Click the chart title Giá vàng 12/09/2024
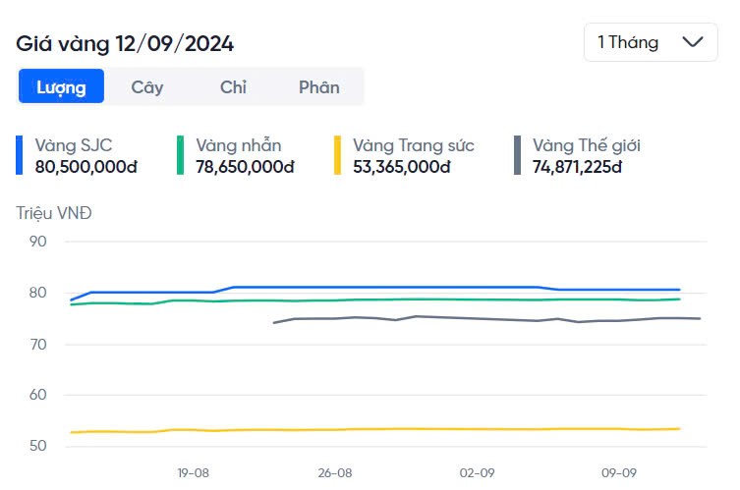(x=125, y=44)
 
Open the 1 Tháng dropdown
(x=650, y=42)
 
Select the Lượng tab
(x=61, y=86)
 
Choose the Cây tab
(x=147, y=86)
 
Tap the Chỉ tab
(x=233, y=86)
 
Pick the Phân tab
(x=319, y=86)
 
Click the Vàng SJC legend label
(x=74, y=145)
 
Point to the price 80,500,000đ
(x=85, y=166)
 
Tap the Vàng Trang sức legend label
(x=414, y=145)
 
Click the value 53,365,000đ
(x=401, y=166)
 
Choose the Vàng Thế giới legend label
(x=587, y=145)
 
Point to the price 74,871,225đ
(x=578, y=166)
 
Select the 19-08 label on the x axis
(x=194, y=472)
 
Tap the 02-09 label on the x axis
(x=477, y=472)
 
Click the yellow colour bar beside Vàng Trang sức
(x=337, y=155)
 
